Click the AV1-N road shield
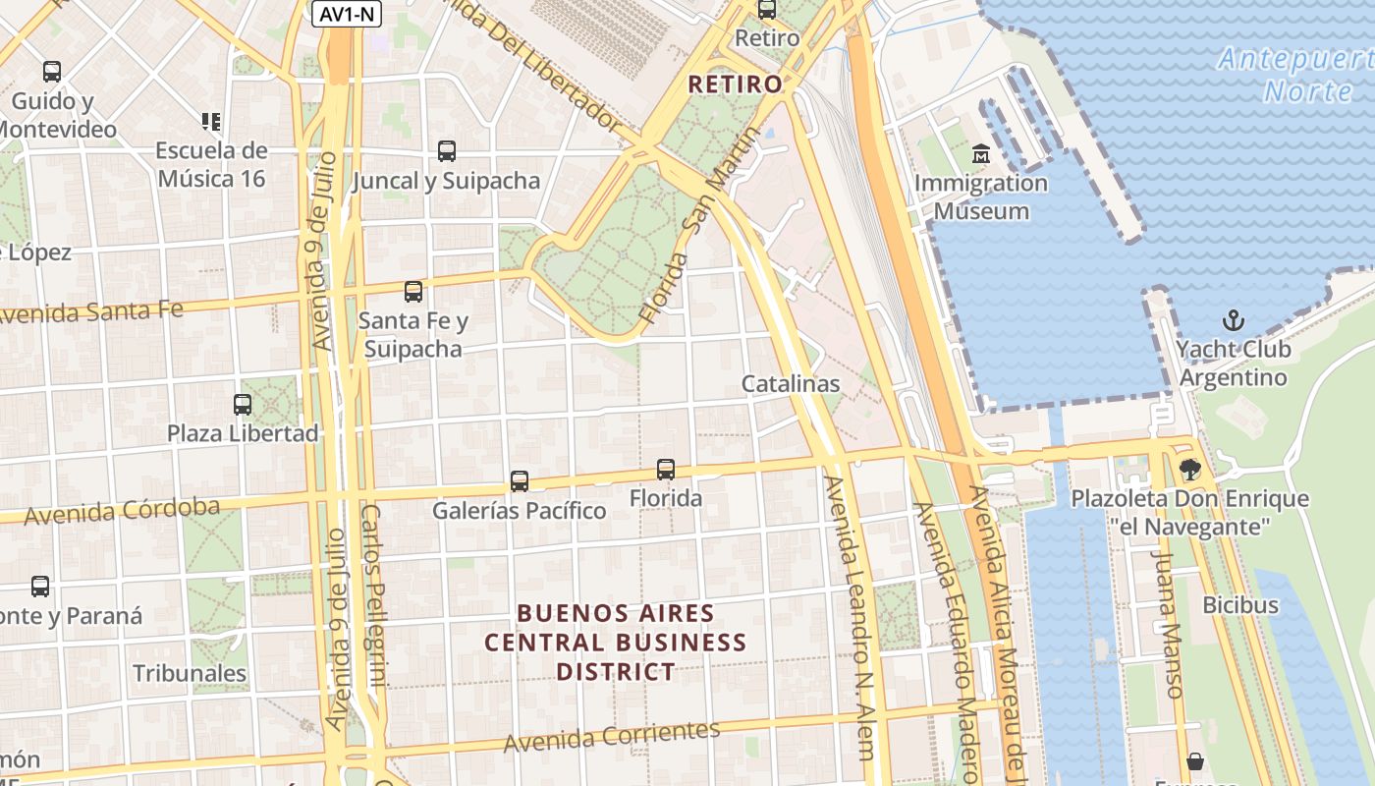[347, 14]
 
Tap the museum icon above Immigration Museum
[980, 154]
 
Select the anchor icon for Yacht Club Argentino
[1233, 320]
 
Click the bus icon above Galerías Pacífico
[520, 481]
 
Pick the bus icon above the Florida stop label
[666, 470]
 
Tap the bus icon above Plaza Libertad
[242, 404]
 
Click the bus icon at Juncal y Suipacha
[447, 151]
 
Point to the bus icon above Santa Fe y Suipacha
[413, 291]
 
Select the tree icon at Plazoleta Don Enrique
[1190, 469]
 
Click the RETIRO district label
[736, 84]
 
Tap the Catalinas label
[791, 383]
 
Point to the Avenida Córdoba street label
[122, 511]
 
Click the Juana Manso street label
[1167, 625]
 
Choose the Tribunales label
[190, 673]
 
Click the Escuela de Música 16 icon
[211, 122]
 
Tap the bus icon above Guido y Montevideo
[52, 72]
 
